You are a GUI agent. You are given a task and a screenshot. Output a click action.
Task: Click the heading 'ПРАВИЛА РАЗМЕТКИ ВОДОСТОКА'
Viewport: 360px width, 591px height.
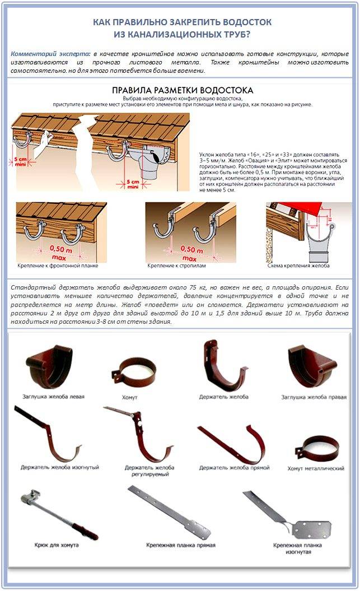(182, 90)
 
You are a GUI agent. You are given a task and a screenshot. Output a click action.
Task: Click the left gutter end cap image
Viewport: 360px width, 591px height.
(50, 367)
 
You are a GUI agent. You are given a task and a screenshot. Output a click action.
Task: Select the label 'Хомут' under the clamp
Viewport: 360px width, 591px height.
(129, 397)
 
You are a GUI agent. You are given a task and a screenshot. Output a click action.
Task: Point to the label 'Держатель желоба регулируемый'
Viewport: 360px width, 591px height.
(149, 470)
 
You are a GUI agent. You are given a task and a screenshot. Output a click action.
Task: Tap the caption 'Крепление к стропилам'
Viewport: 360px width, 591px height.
(178, 265)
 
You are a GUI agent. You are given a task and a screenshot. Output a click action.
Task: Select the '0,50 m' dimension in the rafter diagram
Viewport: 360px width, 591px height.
(192, 249)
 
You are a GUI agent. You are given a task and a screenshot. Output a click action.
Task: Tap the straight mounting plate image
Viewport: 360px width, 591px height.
(168, 511)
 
